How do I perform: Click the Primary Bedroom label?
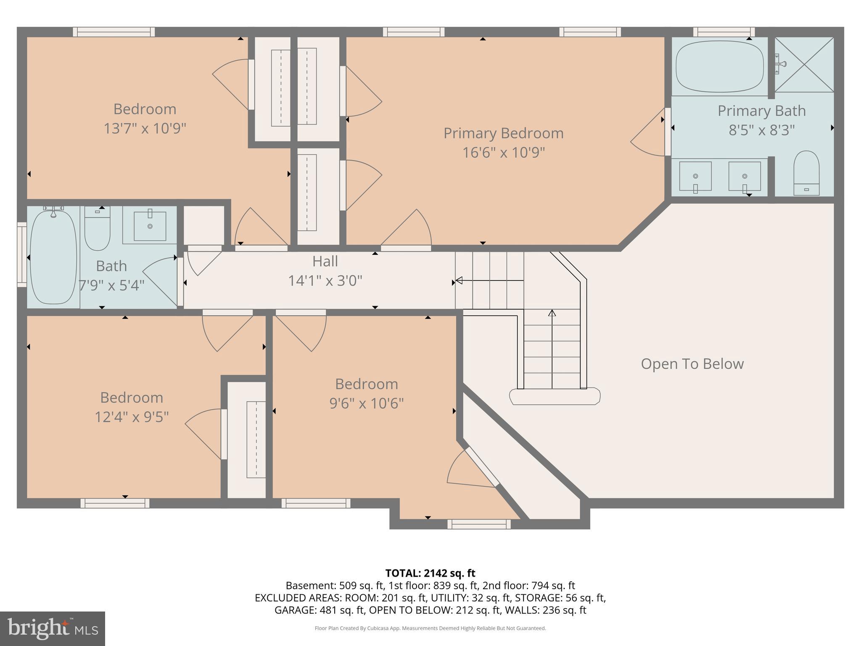tap(503, 133)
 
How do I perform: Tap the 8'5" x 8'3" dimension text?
tap(761, 130)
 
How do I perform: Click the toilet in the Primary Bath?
tap(806, 172)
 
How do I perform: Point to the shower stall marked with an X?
tap(804, 64)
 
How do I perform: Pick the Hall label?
tap(325, 262)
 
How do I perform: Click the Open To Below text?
tap(692, 364)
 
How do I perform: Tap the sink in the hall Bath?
tap(150, 226)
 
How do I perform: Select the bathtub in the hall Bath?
tap(53, 257)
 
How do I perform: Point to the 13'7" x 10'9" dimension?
tap(145, 128)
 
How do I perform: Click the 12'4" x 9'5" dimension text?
tap(132, 417)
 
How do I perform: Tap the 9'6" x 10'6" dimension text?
tap(366, 403)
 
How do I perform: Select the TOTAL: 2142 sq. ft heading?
tap(430, 573)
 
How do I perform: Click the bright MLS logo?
tap(53, 628)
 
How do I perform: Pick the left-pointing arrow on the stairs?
tap(460, 281)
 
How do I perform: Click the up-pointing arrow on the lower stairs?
tap(552, 313)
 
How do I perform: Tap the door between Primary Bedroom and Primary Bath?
tap(667, 132)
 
